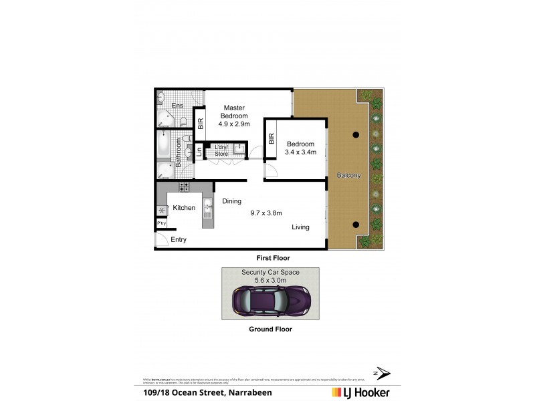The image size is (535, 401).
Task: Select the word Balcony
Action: click(350, 176)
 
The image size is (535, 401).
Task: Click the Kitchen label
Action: click(184, 208)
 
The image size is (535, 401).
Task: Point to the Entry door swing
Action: click(162, 240)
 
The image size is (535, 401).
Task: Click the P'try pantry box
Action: click(161, 223)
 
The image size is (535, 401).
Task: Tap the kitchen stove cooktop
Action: click(184, 187)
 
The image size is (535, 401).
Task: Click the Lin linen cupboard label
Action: click(199, 152)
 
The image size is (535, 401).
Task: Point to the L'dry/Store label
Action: click(221, 150)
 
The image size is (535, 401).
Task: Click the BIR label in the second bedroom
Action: click(271, 139)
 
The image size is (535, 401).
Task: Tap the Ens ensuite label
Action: click(177, 106)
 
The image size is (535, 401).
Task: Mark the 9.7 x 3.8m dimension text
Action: click(267, 214)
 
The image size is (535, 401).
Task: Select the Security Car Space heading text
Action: click(270, 273)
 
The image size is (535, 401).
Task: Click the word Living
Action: click(300, 227)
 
